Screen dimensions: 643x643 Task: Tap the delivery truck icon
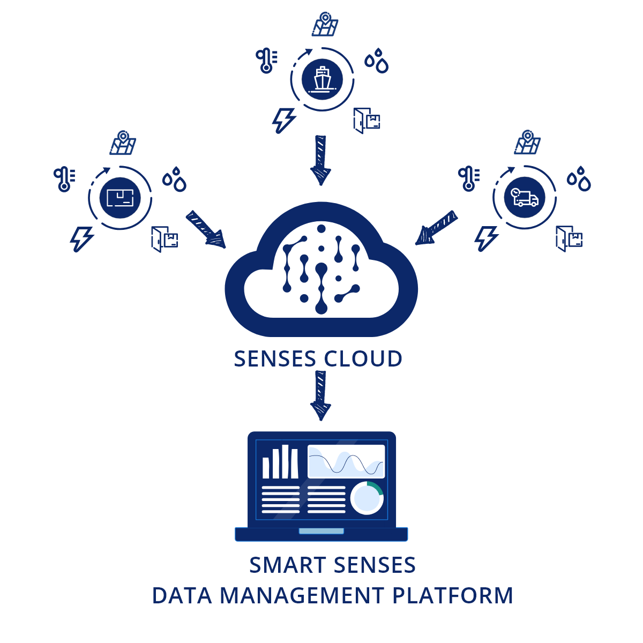[x=525, y=198]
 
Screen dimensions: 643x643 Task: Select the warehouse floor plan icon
[x=120, y=198]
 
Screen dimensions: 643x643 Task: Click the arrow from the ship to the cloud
[x=320, y=160]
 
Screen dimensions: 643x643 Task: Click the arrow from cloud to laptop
[x=320, y=395]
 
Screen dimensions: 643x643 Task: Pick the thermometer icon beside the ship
[x=266, y=61]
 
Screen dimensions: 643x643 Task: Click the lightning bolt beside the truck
[x=486, y=238]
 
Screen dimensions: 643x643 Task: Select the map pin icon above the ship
[x=325, y=25]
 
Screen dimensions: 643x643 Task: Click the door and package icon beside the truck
[x=569, y=238]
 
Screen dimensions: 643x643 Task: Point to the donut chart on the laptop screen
[x=367, y=498]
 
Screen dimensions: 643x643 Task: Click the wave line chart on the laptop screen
[x=346, y=461]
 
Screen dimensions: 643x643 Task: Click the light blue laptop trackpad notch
[x=321, y=531]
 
